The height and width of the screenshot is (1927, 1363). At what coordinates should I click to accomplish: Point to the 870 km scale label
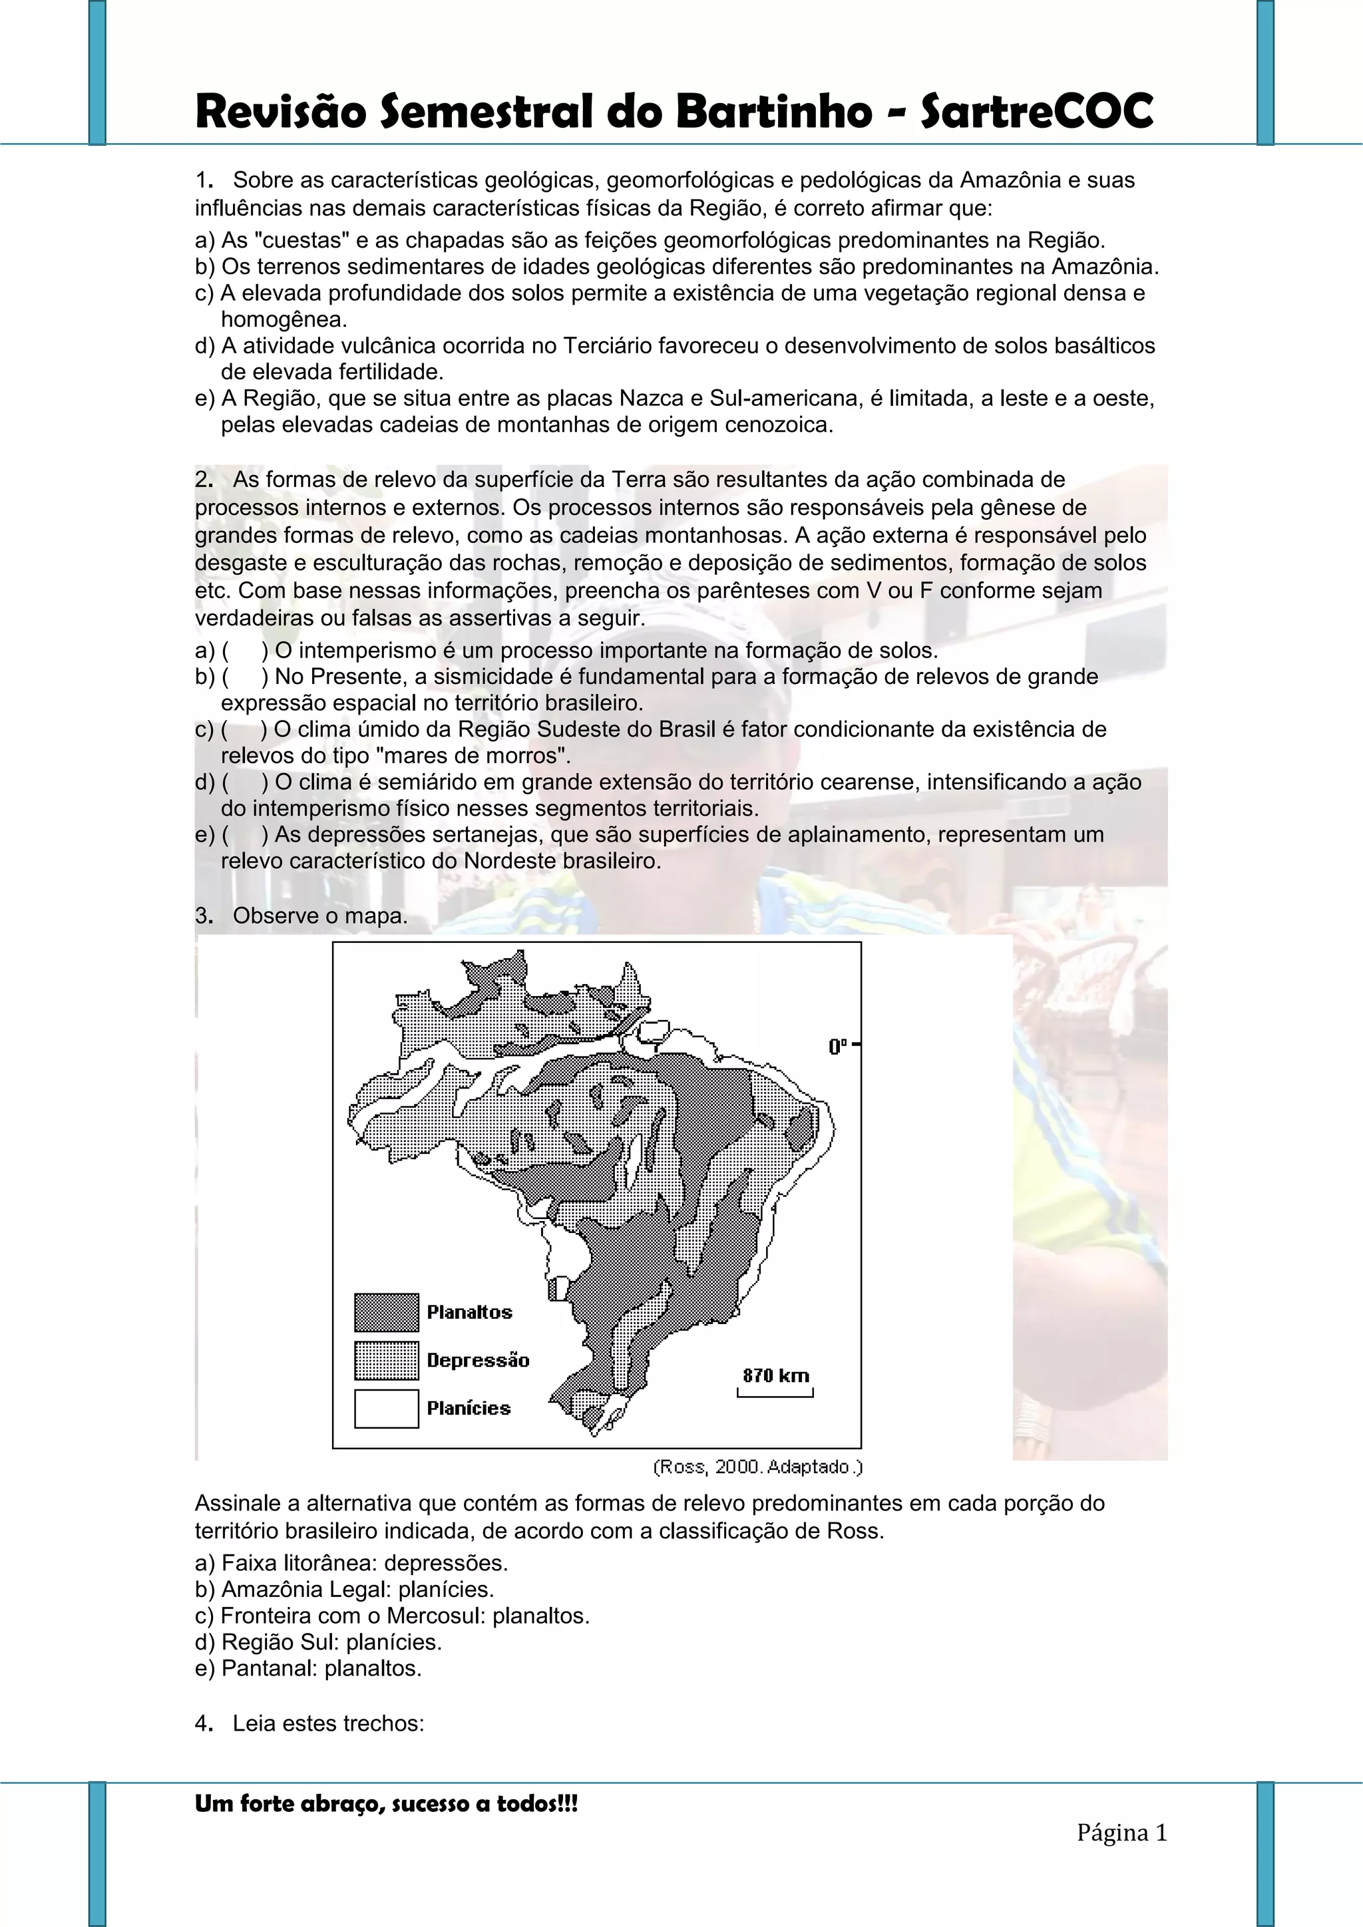click(x=775, y=1375)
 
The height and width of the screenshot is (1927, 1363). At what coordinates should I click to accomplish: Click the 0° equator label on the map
click(x=839, y=1047)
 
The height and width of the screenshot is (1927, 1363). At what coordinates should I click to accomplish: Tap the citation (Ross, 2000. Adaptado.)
click(x=757, y=1467)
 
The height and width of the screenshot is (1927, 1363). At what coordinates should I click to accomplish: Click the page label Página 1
click(x=1122, y=1832)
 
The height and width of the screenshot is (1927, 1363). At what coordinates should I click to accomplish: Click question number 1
click(x=202, y=180)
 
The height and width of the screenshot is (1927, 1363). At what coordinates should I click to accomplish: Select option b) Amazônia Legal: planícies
click(x=344, y=1590)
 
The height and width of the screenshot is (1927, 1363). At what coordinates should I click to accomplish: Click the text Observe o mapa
click(x=319, y=916)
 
